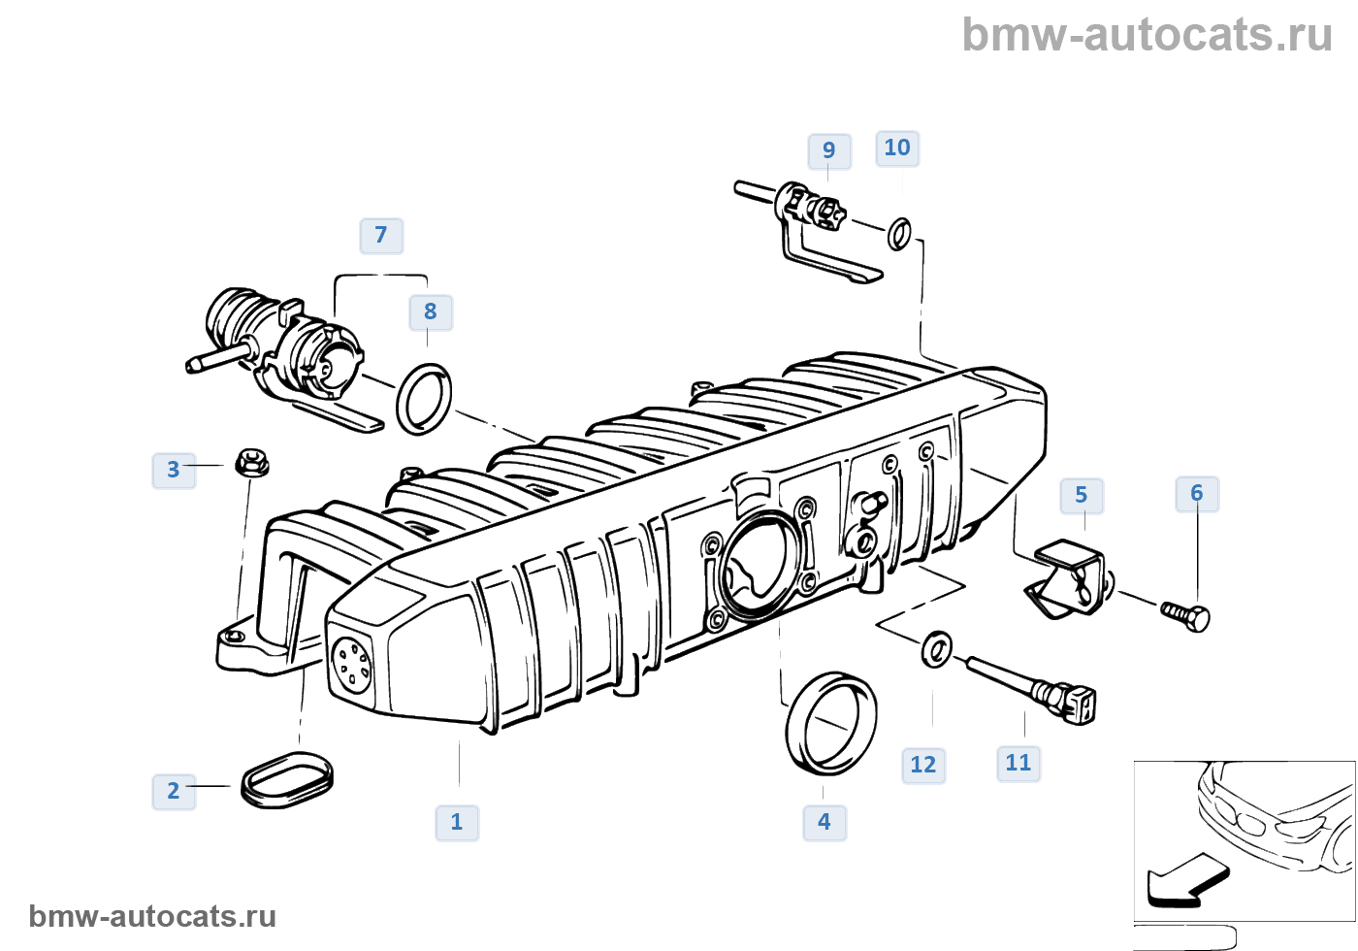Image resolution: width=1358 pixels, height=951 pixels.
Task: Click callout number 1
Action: point(457,822)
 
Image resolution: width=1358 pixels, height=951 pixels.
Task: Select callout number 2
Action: point(174,791)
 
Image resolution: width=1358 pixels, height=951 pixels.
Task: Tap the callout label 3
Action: point(174,470)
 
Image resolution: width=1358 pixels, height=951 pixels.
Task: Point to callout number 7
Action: point(381,235)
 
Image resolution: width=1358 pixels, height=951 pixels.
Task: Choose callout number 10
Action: point(897,148)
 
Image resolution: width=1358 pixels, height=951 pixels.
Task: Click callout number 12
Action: point(923,765)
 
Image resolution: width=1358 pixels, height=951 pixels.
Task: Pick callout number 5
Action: point(1082,495)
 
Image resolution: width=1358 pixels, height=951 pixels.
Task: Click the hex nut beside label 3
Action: point(252,463)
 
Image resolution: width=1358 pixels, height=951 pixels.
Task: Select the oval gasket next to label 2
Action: point(287,778)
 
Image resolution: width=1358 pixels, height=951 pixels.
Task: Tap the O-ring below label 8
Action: point(424,399)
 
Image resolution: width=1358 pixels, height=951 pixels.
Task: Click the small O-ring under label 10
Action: point(900,233)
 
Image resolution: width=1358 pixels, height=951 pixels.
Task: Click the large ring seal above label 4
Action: point(830,722)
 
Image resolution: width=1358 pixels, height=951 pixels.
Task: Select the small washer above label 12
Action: point(936,648)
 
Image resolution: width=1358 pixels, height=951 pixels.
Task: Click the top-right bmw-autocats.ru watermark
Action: point(1148,35)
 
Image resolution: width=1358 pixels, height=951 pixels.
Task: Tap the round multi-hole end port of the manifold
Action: point(350,663)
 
